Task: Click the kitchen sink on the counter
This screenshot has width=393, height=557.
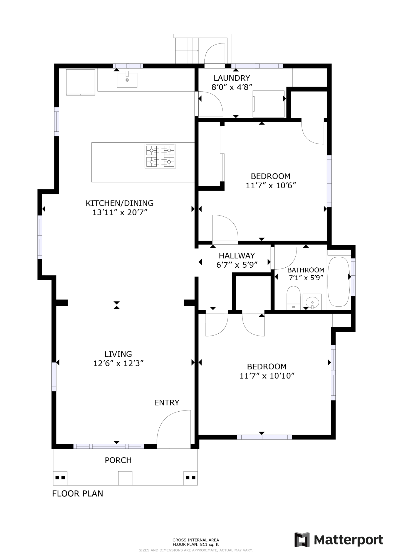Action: coord(127,80)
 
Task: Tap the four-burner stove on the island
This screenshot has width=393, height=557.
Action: coord(160,156)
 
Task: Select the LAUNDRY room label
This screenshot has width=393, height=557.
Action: coord(232,78)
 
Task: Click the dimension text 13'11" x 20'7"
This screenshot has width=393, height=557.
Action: coord(120,212)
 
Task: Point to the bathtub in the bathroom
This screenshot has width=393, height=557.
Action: coord(338,282)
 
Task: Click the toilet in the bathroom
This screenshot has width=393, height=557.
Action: coord(293,297)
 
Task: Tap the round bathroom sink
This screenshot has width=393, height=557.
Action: coord(312,302)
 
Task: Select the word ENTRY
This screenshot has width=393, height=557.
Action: coord(167,402)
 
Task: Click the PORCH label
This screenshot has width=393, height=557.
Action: coord(118,460)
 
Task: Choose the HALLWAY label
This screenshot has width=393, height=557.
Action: coord(237,256)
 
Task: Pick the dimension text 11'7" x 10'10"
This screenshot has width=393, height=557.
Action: coord(267,376)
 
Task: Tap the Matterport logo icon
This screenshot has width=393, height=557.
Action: coord(302,539)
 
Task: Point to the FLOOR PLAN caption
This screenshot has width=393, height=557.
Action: coord(78,494)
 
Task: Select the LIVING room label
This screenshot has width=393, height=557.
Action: coord(118,354)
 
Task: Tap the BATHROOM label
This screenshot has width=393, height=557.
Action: coord(306,270)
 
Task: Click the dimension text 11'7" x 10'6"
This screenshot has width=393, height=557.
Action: coord(271,185)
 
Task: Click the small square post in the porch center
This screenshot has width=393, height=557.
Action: coord(125,478)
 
